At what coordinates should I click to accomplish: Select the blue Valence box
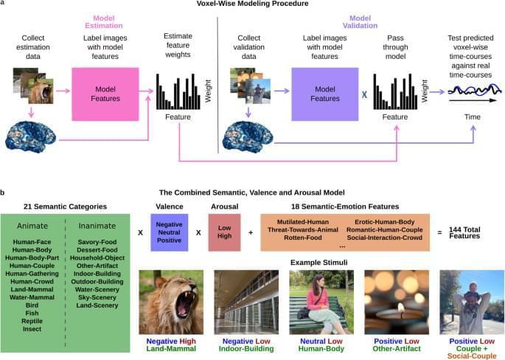click(169, 232)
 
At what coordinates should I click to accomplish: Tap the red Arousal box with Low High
click(224, 232)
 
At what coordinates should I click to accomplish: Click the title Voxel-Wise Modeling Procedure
click(253, 4)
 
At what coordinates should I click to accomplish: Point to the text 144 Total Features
click(466, 232)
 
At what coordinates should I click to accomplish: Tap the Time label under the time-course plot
click(472, 117)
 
